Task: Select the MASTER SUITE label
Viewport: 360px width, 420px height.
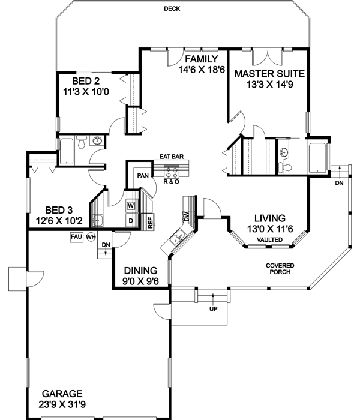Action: click(x=270, y=74)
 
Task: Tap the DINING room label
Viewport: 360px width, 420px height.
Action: click(x=140, y=270)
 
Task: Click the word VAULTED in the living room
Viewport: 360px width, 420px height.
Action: click(x=268, y=239)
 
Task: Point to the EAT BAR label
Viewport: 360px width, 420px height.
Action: click(x=171, y=157)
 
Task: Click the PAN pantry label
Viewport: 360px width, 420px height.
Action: click(x=143, y=176)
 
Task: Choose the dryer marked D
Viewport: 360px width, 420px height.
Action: click(x=130, y=221)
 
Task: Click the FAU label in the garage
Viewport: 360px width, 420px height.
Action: click(x=76, y=236)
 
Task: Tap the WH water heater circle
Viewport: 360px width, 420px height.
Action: click(x=91, y=237)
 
